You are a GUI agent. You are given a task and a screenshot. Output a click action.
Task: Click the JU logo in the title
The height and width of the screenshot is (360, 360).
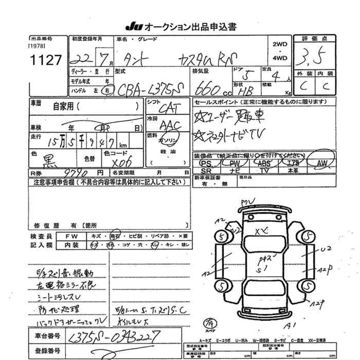click(x=132, y=27)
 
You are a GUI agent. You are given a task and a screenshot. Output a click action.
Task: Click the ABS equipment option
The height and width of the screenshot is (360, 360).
click(x=263, y=163)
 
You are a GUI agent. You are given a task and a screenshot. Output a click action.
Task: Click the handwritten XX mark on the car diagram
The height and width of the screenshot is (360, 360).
click(x=261, y=232)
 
